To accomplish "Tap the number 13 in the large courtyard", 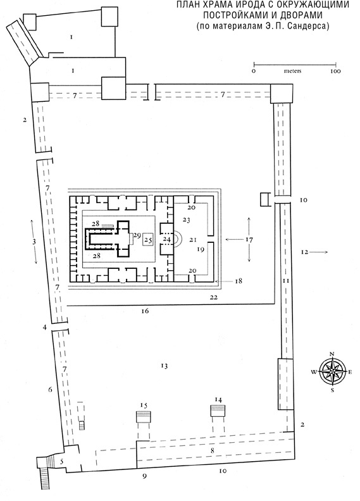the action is coord(164,366).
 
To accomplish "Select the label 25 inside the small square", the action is coord(148,239).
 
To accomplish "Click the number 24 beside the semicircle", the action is coord(167,239).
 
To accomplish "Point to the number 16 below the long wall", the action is coord(145,311).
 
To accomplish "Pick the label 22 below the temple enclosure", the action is coord(214,297).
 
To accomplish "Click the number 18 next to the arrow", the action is coord(239,281).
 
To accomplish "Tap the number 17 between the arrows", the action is coord(249,239).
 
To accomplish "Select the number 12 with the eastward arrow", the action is coord(304,252).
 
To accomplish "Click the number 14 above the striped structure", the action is coord(218,399).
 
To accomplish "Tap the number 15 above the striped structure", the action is coord(144,405).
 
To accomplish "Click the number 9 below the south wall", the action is coord(144,476).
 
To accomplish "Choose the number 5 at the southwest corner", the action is coord(62,461).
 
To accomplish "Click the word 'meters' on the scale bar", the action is coord(292,71).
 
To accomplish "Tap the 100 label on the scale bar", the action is coord(335,71).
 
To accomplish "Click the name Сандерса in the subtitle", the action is coord(309,26).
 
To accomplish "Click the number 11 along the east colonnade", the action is coord(285,281).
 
